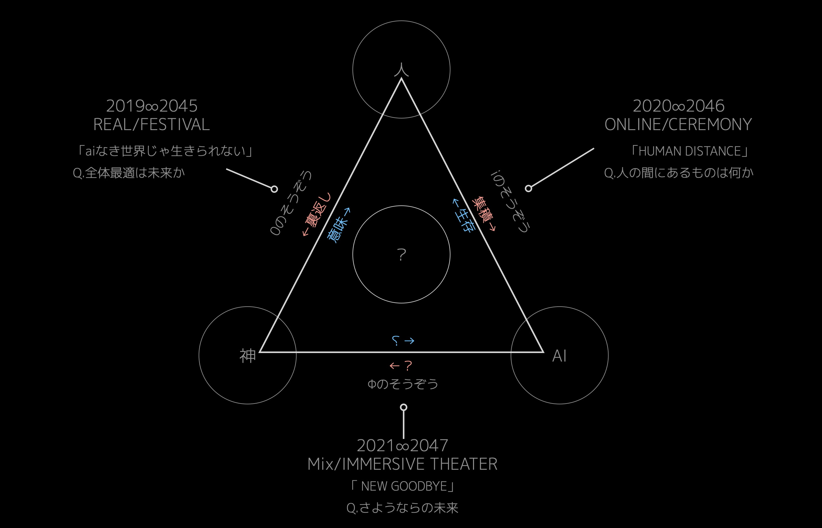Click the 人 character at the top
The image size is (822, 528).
tap(401, 69)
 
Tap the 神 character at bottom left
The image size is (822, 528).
tap(247, 356)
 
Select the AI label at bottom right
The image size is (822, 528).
tap(559, 356)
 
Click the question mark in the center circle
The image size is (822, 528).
tap(401, 255)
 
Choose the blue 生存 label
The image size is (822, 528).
tap(463, 215)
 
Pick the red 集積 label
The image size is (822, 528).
tap(483, 214)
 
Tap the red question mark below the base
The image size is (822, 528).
tap(408, 366)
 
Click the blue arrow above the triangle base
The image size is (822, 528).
tap(409, 341)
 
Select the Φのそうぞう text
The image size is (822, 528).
tap(403, 384)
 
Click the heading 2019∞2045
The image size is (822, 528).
tap(152, 106)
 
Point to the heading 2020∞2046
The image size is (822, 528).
tap(679, 106)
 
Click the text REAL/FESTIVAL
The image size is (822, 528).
tap(151, 124)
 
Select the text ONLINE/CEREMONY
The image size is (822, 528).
tap(678, 124)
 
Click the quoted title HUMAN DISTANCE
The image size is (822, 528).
tap(690, 151)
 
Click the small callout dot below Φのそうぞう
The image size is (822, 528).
tap(403, 407)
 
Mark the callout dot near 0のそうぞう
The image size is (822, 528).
tap(274, 189)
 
